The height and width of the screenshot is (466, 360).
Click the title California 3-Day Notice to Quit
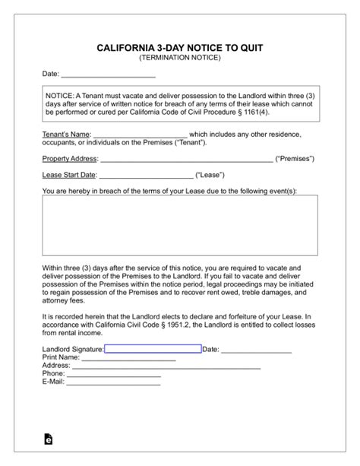pyautogui.click(x=180, y=47)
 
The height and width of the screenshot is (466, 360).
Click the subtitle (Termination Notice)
pyautogui.click(x=180, y=58)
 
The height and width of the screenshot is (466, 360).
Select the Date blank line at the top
pyautogui.click(x=108, y=75)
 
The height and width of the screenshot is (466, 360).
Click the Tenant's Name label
pyautogui.click(x=65, y=133)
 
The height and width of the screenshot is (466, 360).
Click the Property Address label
pyautogui.click(x=70, y=159)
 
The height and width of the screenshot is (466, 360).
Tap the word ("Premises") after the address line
pyautogui.click(x=295, y=159)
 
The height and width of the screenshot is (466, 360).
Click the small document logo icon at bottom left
pyautogui.click(x=49, y=439)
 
